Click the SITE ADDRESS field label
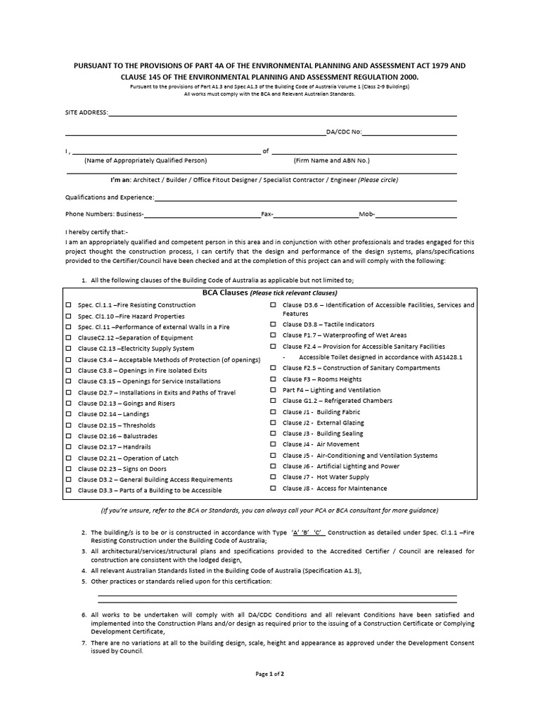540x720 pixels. click(86, 112)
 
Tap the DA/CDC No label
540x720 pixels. click(343, 131)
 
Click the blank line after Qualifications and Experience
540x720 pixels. click(305, 198)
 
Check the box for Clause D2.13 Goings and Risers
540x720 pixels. click(69, 404)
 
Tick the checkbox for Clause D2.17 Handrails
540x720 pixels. click(69, 447)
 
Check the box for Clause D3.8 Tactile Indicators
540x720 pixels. click(274, 325)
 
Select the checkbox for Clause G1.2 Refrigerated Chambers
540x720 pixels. click(274, 401)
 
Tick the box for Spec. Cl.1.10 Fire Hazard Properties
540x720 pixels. click(69, 316)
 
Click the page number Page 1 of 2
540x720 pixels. click(270, 674)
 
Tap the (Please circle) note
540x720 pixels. click(378, 180)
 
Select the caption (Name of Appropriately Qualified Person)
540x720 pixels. click(146, 160)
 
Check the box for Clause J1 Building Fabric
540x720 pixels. click(274, 412)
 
